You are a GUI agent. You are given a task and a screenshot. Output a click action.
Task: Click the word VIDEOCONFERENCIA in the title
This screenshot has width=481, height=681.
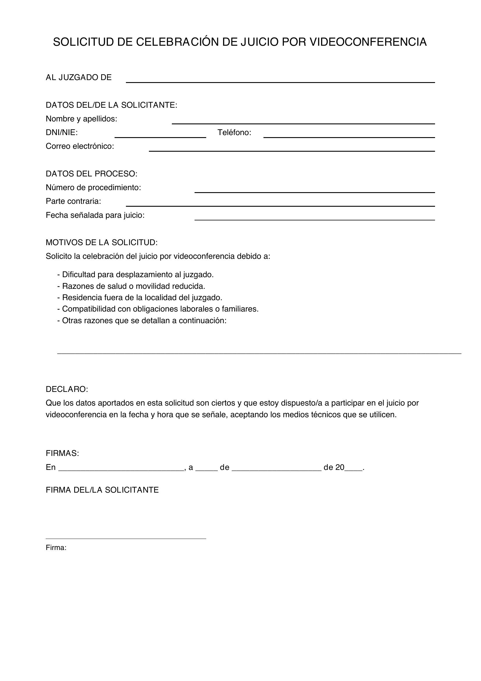coord(368,42)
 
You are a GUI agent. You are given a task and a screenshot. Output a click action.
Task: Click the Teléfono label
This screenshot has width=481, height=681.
coord(234,132)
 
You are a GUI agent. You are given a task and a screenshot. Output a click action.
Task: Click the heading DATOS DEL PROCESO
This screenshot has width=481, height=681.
coord(92,174)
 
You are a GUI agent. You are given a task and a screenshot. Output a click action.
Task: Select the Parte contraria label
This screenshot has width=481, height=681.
coord(74,201)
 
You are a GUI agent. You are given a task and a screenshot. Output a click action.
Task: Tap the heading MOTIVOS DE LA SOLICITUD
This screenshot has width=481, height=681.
coord(101,243)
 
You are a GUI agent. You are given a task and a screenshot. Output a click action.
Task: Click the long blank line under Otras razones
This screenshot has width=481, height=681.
coord(259,353)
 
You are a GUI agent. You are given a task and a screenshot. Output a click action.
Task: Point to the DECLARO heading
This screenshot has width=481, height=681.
coord(67,389)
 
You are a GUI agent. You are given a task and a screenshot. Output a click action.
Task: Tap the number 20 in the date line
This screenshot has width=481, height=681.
coord(340,468)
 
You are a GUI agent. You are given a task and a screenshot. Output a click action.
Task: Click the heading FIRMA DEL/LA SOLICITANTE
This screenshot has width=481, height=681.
coord(102,490)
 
